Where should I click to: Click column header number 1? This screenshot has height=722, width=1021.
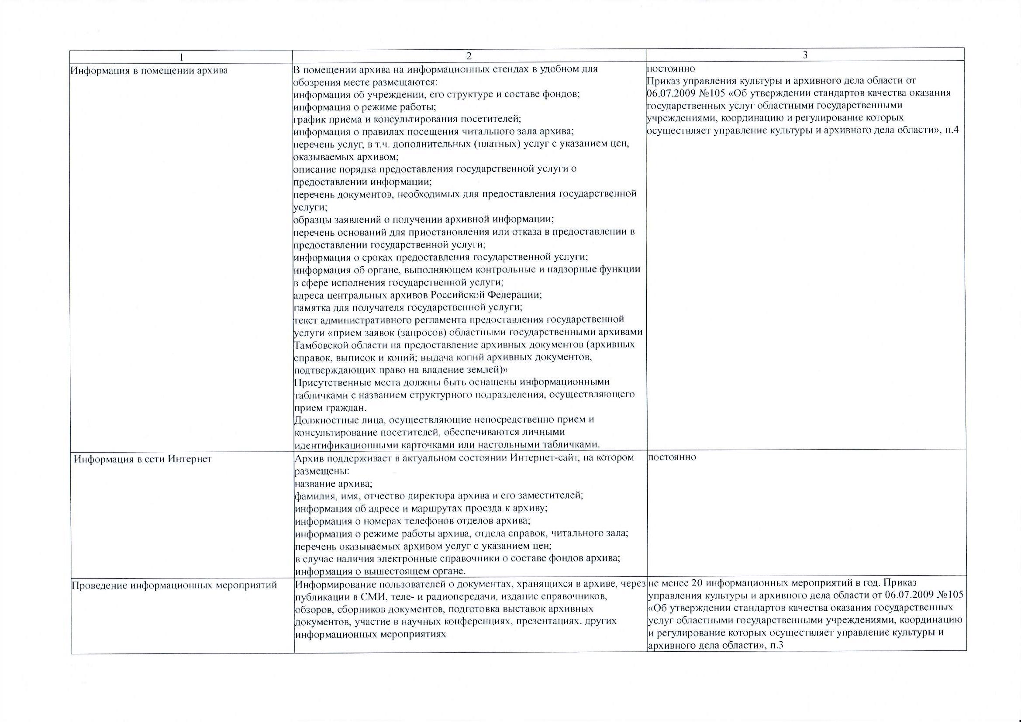click(x=181, y=56)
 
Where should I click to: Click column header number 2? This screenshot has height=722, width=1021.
click(x=468, y=55)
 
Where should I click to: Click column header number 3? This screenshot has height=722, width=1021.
click(x=805, y=55)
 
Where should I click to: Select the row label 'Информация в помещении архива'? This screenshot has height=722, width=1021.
click(x=149, y=71)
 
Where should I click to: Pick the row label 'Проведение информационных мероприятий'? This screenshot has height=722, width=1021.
click(x=174, y=585)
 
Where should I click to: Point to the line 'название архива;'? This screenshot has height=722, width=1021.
click(x=334, y=483)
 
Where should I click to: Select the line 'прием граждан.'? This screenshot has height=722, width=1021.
click(x=331, y=407)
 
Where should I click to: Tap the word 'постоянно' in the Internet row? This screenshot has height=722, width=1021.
click(x=672, y=457)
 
